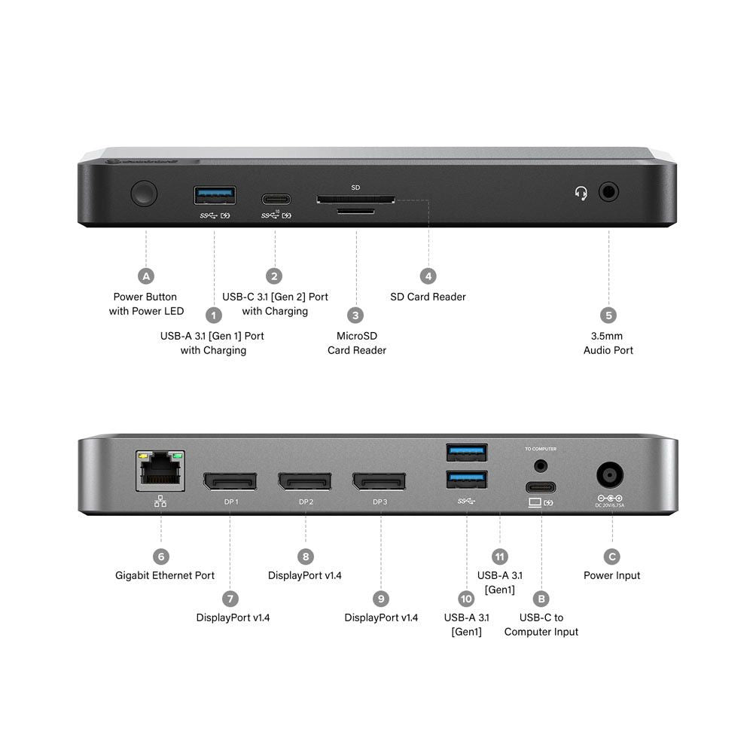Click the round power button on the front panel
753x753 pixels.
pos(144,194)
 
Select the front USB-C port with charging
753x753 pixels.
pos(276,199)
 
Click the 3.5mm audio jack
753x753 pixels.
pos(608,192)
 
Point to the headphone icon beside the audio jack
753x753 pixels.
pos(581,194)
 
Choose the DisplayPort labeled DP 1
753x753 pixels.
pos(230,480)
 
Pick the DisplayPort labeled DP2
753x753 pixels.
pos(305,480)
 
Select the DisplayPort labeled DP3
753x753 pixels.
pos(380,480)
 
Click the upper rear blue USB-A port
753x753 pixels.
pos(466,453)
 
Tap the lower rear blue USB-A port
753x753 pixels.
pos(466,479)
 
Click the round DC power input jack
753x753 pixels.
pos(609,476)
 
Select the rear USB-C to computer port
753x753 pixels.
pos(540,486)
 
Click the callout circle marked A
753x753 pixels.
pos(146,276)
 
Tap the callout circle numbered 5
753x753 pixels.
pos(608,315)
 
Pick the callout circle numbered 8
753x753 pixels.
pos(305,556)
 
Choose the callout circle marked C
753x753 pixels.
pos(611,556)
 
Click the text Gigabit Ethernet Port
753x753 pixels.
pos(165,575)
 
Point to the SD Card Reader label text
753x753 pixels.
pos(428,297)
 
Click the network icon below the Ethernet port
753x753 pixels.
pos(160,501)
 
